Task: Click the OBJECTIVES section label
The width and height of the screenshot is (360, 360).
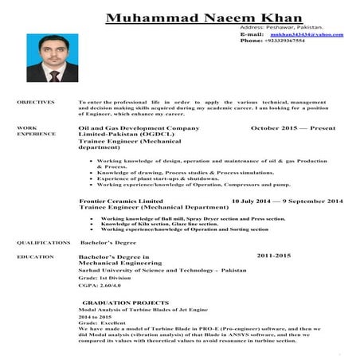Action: pyautogui.click(x=36, y=102)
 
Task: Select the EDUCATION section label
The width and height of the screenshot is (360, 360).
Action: pyautogui.click(x=35, y=257)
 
